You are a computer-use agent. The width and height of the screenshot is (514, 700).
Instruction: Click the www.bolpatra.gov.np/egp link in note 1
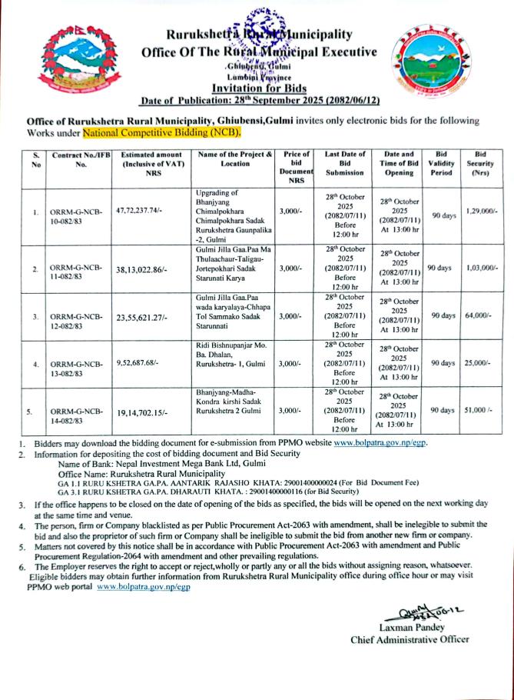coord(380,444)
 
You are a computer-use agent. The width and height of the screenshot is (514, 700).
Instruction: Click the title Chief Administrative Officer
coord(410,638)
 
